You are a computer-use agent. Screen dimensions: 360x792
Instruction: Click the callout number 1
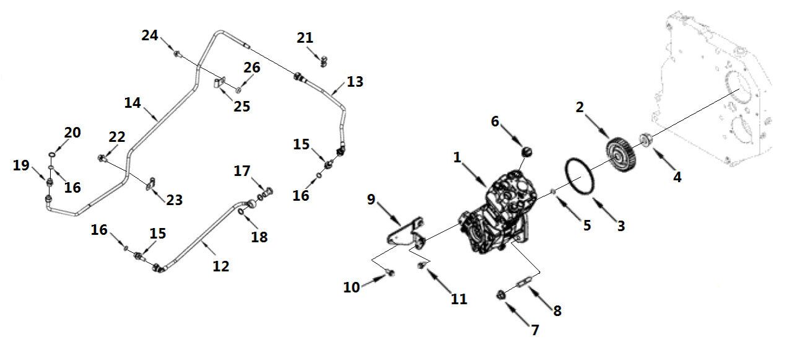pyautogui.click(x=457, y=158)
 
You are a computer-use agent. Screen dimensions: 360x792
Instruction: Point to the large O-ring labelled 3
pyautogui.click(x=580, y=177)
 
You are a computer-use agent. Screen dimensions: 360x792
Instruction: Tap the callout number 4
pyautogui.click(x=677, y=177)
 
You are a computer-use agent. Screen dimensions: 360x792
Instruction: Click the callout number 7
pyautogui.click(x=534, y=330)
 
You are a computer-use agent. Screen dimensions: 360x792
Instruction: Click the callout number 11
pyautogui.click(x=459, y=299)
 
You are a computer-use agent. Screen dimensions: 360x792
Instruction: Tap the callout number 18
pyautogui.click(x=259, y=237)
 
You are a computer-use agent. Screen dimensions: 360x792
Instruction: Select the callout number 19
pyautogui.click(x=22, y=165)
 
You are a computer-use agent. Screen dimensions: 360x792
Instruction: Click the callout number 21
pyautogui.click(x=305, y=38)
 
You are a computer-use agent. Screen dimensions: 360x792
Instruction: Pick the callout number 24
pyautogui.click(x=150, y=35)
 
